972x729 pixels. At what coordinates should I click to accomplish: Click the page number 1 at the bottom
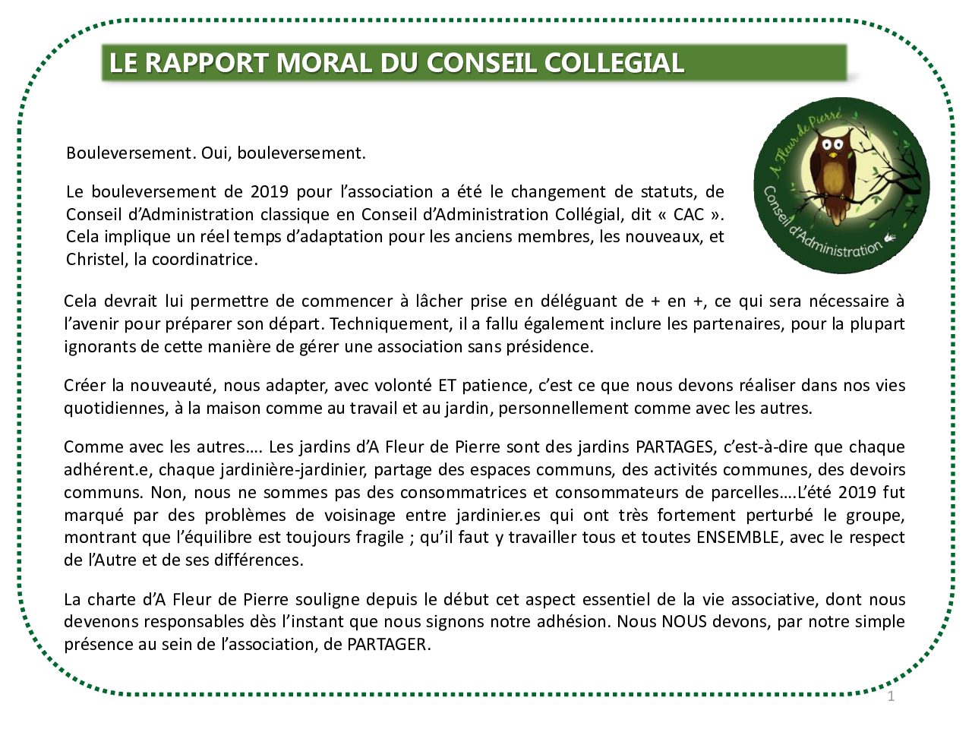pyautogui.click(x=892, y=696)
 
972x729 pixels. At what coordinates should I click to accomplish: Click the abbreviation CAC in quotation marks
pyautogui.click(x=688, y=214)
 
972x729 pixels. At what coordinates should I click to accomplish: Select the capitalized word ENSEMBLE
pyautogui.click(x=737, y=538)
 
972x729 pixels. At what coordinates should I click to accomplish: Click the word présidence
pyautogui.click(x=553, y=347)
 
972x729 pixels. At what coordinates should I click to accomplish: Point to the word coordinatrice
pyautogui.click(x=203, y=259)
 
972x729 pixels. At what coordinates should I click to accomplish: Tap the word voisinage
pyautogui.click(x=349, y=515)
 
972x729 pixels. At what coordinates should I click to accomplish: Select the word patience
pyautogui.click(x=495, y=385)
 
